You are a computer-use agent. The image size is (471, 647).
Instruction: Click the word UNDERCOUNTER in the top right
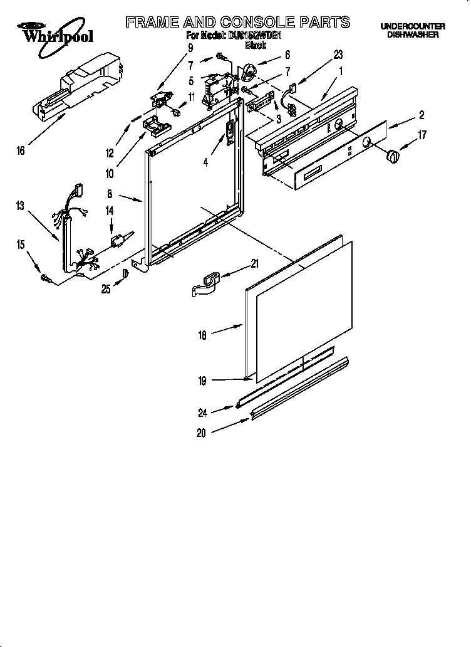pyautogui.click(x=413, y=26)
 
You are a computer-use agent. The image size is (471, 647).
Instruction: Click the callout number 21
pyautogui.click(x=254, y=264)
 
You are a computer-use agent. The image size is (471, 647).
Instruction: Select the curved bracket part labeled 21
pyautogui.click(x=206, y=281)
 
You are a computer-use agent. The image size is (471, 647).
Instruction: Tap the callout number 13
pyautogui.click(x=20, y=206)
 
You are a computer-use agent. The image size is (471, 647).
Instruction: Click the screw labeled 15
pyautogui.click(x=46, y=276)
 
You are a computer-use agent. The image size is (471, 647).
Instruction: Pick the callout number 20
pyautogui.click(x=201, y=433)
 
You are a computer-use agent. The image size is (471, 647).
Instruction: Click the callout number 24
pyautogui.click(x=202, y=412)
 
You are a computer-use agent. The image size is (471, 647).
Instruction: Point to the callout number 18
pyautogui.click(x=202, y=335)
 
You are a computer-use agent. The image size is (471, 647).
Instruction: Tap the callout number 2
pyautogui.click(x=422, y=115)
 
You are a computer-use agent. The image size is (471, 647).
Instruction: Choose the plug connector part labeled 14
pyautogui.click(x=118, y=239)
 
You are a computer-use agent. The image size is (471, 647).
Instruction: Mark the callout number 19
pyautogui.click(x=202, y=380)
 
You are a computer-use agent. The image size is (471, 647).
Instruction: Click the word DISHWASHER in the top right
pyautogui.click(x=413, y=35)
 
